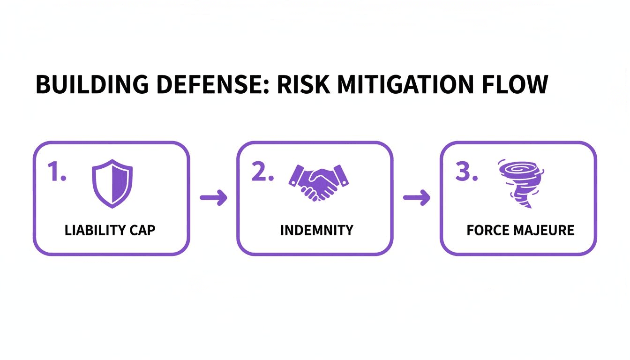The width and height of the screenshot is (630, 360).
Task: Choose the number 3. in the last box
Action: point(466,173)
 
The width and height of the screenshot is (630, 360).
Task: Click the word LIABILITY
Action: point(94,231)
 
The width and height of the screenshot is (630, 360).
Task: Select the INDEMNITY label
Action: point(316,231)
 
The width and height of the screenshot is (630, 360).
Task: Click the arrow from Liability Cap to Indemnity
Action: point(213,198)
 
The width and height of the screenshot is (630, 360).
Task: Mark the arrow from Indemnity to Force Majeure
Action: point(416,198)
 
